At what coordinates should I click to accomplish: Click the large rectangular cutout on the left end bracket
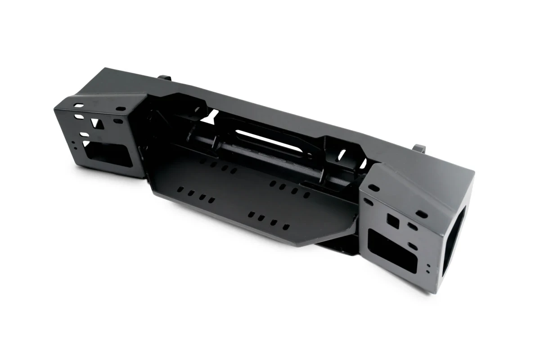click(108, 153)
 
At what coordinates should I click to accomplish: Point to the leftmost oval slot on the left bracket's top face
click(79, 106)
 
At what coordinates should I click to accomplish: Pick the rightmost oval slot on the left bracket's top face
click(121, 108)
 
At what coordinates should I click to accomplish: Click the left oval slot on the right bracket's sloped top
click(375, 187)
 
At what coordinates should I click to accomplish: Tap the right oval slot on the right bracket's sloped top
click(422, 214)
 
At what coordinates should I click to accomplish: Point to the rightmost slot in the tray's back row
click(306, 195)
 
